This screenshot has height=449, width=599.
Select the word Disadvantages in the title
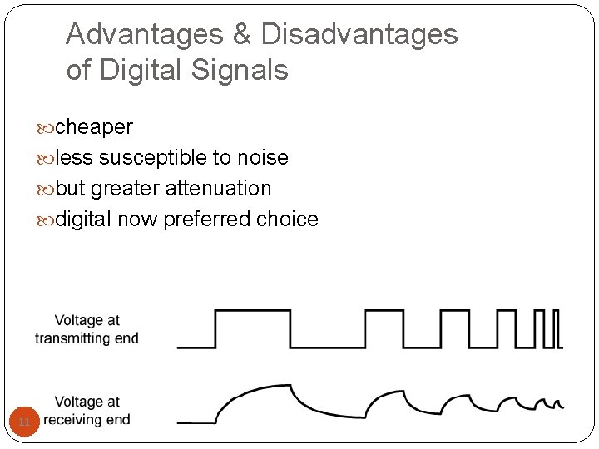(359, 34)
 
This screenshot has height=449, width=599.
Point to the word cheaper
(93, 127)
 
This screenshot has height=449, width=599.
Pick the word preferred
(207, 220)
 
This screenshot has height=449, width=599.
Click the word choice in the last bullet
(287, 220)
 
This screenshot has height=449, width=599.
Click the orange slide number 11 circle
(24, 422)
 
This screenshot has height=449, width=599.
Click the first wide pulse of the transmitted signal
(253, 328)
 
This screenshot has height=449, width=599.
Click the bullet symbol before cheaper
(46, 128)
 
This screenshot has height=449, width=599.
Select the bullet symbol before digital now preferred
(46, 220)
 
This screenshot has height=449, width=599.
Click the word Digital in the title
(133, 70)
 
